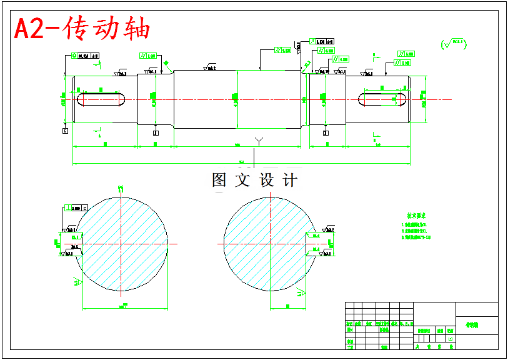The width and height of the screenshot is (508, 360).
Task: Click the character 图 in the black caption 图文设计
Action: [x=219, y=181]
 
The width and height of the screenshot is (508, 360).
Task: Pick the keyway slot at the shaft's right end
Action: [x=383, y=99]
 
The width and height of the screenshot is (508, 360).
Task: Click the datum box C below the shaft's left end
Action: [x=65, y=131]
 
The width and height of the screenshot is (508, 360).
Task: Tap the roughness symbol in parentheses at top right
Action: [x=454, y=44]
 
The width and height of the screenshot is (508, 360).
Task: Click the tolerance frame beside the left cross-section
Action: [x=78, y=207]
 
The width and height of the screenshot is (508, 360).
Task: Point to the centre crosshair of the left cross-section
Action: [x=121, y=244]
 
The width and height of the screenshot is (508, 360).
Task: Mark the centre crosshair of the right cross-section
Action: [x=270, y=244]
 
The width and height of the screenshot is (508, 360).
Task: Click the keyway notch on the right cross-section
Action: [x=311, y=244]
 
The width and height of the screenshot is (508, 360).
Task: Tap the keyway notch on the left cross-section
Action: [x=78, y=244]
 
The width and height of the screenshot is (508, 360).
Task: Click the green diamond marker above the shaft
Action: [x=166, y=63]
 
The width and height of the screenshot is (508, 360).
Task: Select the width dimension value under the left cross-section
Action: [x=125, y=306]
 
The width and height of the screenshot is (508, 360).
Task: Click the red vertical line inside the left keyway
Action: [x=119, y=99]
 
